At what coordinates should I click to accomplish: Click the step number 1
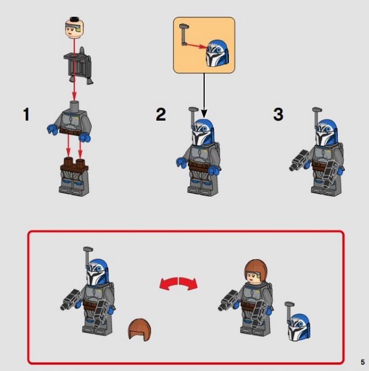[27, 114]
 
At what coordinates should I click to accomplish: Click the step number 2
[161, 114]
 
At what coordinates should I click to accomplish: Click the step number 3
[278, 114]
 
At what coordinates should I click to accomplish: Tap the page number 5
[363, 362]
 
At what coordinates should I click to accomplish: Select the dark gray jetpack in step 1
[78, 66]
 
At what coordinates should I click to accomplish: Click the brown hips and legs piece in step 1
[74, 177]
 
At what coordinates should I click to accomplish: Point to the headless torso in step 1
[70, 121]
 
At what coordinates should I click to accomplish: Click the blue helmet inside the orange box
[217, 53]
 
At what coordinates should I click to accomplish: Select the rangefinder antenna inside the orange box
[184, 35]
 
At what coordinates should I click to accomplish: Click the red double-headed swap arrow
[179, 283]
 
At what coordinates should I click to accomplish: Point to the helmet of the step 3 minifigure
[327, 133]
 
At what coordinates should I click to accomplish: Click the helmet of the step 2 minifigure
[204, 132]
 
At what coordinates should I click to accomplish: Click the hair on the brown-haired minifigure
[257, 269]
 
